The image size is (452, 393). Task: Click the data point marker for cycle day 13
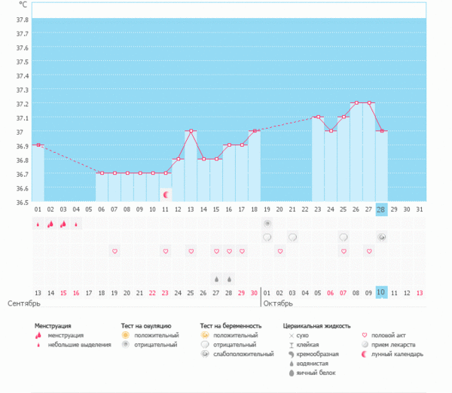(191, 131)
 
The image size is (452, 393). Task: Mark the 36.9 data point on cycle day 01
(38, 145)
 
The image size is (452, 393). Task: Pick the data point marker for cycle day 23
(318, 117)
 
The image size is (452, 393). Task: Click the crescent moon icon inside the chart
(166, 194)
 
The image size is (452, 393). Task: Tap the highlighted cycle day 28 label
(381, 209)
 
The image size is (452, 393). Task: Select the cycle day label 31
(420, 209)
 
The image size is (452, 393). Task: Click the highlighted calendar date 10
(381, 292)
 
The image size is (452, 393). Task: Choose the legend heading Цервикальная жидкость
(316, 326)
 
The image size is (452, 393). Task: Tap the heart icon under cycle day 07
(115, 251)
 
